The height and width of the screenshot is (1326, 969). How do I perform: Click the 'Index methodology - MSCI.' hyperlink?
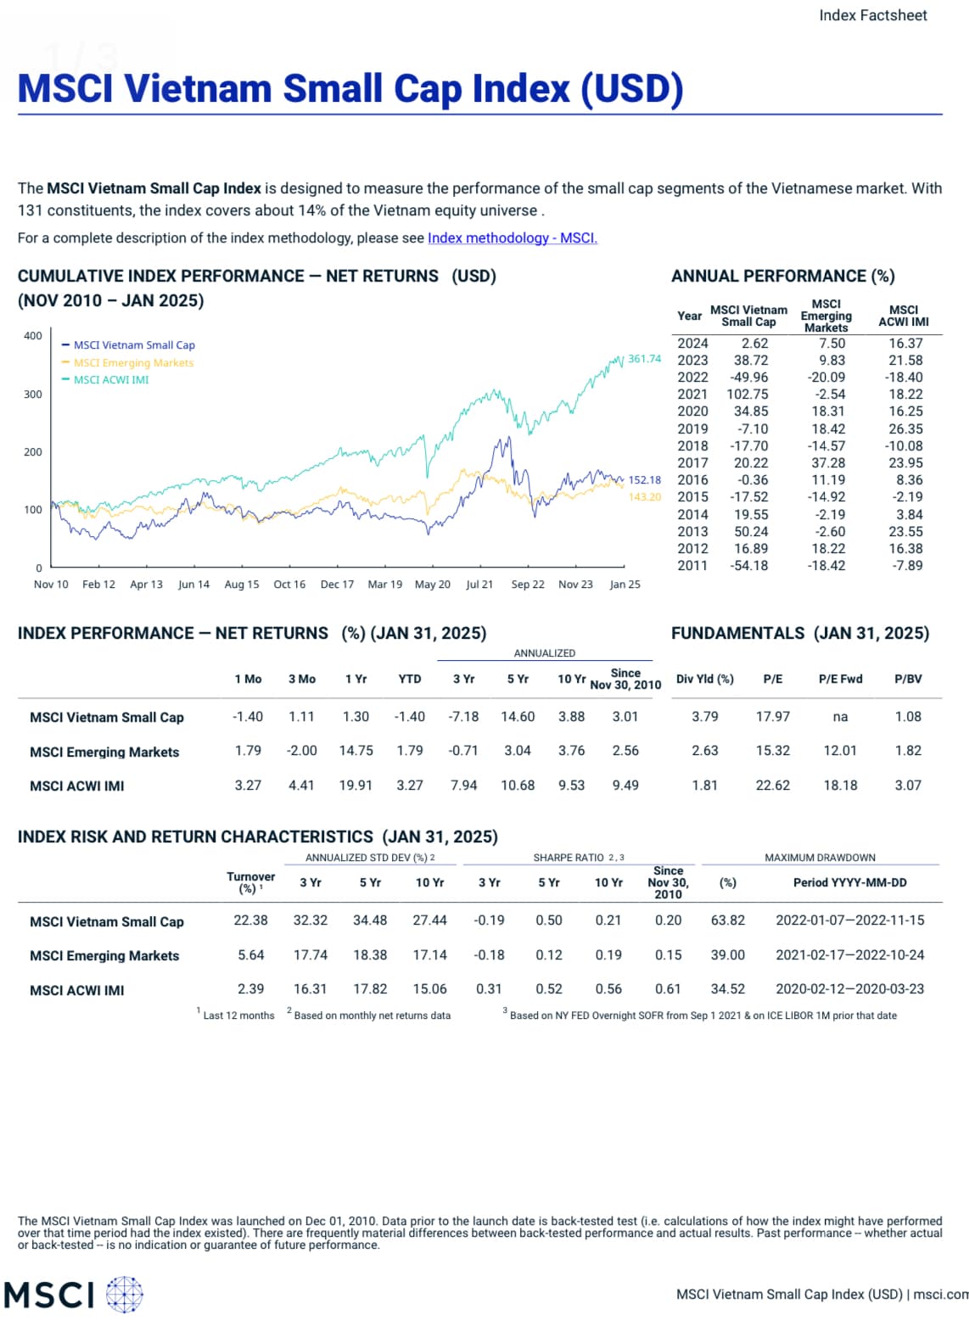[513, 238]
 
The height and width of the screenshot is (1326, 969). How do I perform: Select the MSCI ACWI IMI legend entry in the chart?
[110, 380]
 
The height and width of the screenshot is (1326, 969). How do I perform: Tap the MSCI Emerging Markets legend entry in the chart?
[133, 363]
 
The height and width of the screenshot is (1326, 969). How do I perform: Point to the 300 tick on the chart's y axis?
[33, 394]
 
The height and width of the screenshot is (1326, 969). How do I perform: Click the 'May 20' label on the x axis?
[433, 585]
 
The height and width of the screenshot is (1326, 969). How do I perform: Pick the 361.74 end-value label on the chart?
[644, 359]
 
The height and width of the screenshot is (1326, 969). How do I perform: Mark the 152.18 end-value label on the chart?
[644, 480]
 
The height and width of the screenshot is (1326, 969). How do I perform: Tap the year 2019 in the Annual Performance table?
[692, 429]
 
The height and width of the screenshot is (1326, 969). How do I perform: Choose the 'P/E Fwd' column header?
[840, 679]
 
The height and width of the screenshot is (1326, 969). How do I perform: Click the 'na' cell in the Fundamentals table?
[840, 717]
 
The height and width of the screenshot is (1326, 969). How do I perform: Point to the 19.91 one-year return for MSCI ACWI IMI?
[356, 786]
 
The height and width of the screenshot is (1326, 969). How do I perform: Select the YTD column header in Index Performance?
[410, 679]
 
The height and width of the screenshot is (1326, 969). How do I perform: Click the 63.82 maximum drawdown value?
[728, 920]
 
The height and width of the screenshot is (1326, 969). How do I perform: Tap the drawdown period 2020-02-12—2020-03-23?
[850, 989]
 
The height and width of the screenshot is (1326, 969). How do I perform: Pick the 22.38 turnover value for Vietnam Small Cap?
[251, 920]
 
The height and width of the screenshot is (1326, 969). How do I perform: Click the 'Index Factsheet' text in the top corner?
[873, 15]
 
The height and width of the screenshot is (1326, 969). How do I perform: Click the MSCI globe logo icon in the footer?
[125, 1295]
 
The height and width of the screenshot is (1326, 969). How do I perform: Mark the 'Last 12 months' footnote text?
[238, 1015]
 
